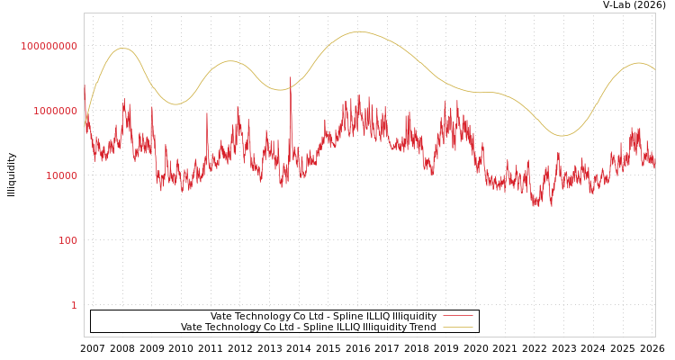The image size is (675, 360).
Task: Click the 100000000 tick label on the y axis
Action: pyautogui.click(x=49, y=46)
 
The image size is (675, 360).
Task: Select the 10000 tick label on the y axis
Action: pyautogui.click(x=62, y=175)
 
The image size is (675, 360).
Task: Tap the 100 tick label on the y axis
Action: pyautogui.click(x=68, y=240)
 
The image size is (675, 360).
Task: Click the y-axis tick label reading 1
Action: pyautogui.click(x=74, y=305)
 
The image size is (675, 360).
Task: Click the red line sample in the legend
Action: pyautogui.click(x=458, y=316)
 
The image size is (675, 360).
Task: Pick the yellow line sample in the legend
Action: pyautogui.click(x=458, y=327)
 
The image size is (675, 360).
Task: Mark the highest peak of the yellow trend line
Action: pyautogui.click(x=360, y=31)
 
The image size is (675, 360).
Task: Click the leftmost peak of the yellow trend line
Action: pyautogui.click(x=123, y=49)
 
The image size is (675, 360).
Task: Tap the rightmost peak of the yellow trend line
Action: pyautogui.click(x=639, y=63)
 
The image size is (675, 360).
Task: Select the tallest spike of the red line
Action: pyautogui.click(x=290, y=77)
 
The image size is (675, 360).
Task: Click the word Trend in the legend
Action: pyautogui.click(x=422, y=327)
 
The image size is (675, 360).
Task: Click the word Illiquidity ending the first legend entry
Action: pyautogui.click(x=414, y=316)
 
